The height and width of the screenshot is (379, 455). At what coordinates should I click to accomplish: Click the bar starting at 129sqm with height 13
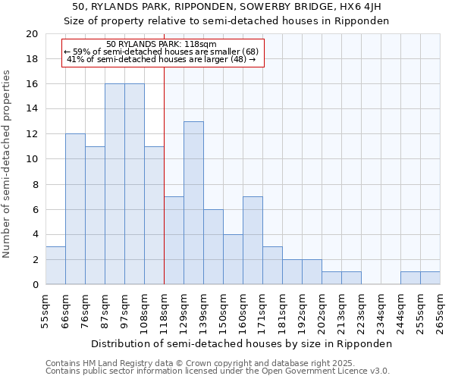pos(193,203)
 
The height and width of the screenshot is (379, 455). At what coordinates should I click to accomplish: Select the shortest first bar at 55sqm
pos(55,265)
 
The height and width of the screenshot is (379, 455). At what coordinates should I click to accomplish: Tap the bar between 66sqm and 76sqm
pos(75,209)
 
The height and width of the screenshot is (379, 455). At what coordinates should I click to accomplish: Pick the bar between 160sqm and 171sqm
pos(253,241)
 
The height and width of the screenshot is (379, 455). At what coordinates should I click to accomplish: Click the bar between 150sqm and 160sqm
pos(233,259)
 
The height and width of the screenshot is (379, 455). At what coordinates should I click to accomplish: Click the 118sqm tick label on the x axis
pos(165,310)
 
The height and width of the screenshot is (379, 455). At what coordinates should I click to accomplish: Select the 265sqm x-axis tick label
pos(441,310)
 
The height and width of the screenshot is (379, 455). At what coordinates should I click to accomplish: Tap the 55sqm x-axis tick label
pos(46,310)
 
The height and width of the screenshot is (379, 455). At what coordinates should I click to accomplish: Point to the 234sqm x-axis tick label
pos(381,310)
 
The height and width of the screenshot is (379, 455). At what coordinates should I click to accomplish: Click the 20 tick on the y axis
pos(31,34)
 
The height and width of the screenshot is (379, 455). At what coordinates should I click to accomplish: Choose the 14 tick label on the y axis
pos(31,109)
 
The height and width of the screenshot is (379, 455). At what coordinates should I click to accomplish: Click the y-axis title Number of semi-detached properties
pos(7,164)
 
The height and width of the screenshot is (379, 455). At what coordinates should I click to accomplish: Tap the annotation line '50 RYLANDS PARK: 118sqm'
pos(162,44)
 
